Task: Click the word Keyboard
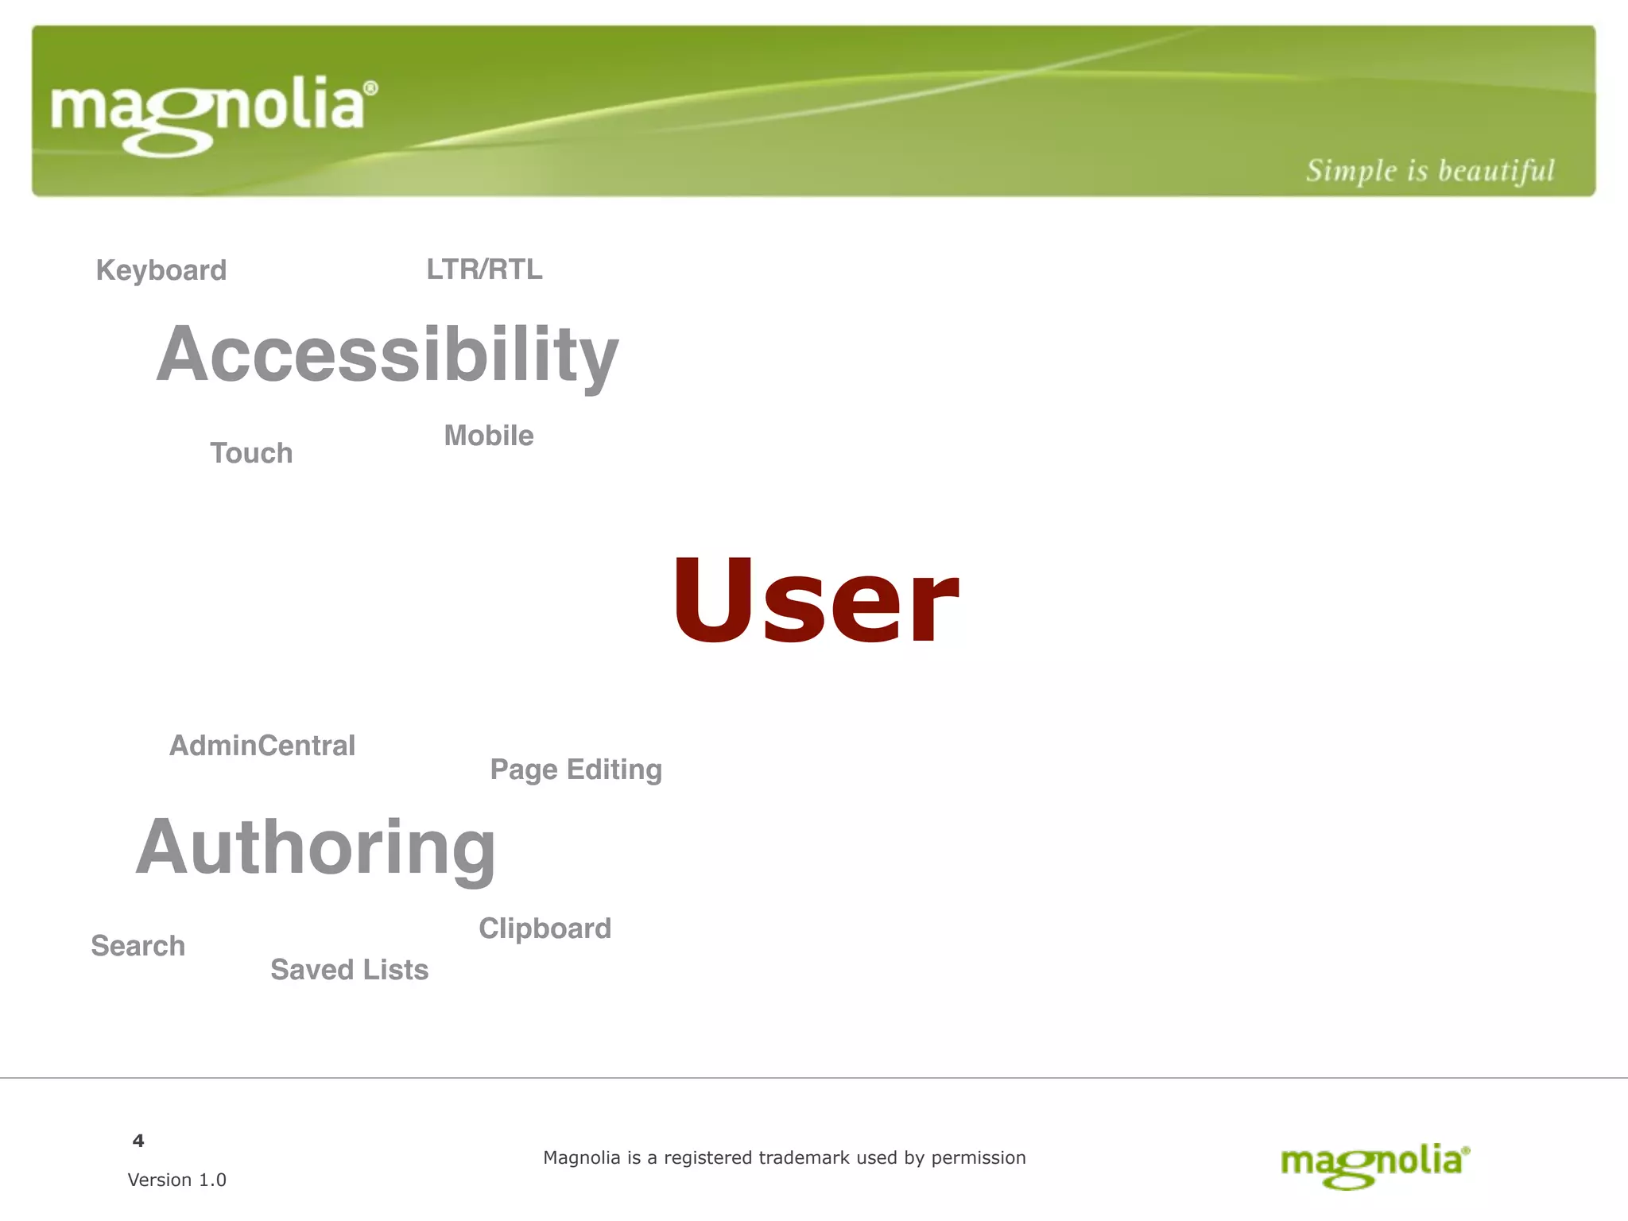[161, 270]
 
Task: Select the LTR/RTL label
[484, 269]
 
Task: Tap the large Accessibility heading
[387, 355]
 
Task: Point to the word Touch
[251, 453]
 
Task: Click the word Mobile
[489, 436]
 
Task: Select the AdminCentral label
[262, 746]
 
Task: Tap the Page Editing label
[576, 769]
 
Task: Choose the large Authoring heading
[316, 847]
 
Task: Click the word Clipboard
[545, 928]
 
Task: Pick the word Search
[138, 946]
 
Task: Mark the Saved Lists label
[349, 970]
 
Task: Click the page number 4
[138, 1141]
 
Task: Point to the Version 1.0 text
[176, 1180]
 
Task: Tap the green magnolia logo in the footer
[1375, 1164]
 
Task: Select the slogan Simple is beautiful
[1429, 171]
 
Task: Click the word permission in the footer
[979, 1158]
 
